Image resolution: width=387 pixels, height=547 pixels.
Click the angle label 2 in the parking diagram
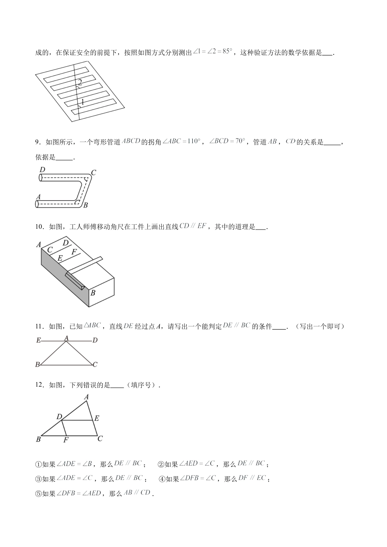(x=80, y=82)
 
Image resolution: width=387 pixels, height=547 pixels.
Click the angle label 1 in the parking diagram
(x=82, y=102)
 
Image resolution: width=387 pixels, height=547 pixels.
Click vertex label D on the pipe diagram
(x=42, y=170)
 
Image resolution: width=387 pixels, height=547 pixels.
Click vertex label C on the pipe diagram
(x=93, y=173)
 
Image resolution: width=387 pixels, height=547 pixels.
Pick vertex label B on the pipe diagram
(x=86, y=206)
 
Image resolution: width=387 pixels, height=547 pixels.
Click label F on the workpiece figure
(x=74, y=252)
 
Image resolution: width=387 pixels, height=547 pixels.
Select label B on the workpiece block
(x=93, y=292)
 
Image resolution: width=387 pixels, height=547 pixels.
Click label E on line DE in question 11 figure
(x=38, y=340)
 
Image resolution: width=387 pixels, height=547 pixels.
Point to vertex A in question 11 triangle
(x=66, y=338)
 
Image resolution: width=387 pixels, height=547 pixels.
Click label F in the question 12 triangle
(x=66, y=440)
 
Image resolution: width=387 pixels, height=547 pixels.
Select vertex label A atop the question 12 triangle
(x=86, y=396)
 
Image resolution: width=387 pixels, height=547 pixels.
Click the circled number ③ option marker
(x=39, y=479)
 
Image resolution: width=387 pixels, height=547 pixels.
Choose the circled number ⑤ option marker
(x=39, y=494)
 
